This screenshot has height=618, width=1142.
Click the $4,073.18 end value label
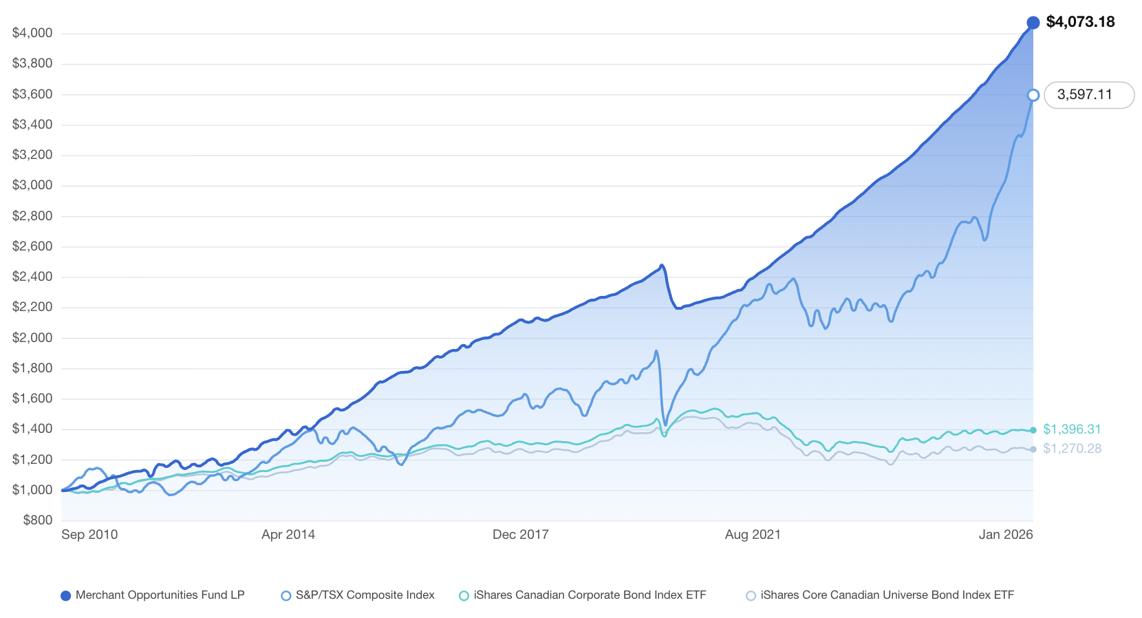(x=1080, y=22)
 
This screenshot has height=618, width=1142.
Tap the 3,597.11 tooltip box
(x=1088, y=95)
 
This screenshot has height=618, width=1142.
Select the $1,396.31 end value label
(x=1072, y=429)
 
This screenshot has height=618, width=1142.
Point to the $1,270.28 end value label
(x=1072, y=449)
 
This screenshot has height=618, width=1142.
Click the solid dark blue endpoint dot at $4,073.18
(x=1033, y=23)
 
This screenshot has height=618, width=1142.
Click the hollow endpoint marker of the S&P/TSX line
(x=1033, y=95)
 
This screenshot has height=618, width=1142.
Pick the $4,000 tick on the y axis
(x=32, y=33)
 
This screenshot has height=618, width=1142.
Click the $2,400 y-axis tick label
(x=32, y=277)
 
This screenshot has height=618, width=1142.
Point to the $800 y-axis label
(x=38, y=520)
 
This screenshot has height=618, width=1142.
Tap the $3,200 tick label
(x=32, y=155)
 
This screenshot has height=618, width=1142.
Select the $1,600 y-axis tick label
(x=32, y=398)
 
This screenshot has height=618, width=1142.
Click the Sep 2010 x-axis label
(x=89, y=535)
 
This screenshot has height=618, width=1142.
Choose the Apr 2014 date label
(x=288, y=535)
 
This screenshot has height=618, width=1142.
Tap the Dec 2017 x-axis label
(x=521, y=535)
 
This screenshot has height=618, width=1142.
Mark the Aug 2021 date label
(x=753, y=535)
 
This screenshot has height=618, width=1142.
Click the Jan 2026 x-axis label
(x=1006, y=535)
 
